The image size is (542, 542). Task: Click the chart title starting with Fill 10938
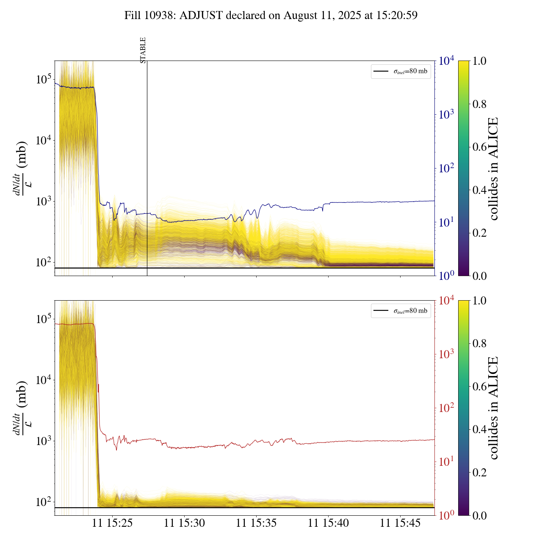(271, 16)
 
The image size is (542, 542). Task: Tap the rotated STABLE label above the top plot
(143, 50)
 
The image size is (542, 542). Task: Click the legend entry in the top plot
(401, 71)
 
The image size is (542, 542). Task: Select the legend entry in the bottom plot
(401, 311)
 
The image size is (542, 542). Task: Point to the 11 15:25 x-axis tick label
(112, 523)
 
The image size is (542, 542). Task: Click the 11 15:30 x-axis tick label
(184, 523)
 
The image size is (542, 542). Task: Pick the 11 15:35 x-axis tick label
(256, 523)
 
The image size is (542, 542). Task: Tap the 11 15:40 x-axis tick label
(328, 523)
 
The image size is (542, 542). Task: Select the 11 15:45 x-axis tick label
(400, 523)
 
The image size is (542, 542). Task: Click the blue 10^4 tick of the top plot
(446, 61)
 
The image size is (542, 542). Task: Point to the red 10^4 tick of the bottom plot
(446, 301)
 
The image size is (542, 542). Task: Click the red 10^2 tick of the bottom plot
(446, 408)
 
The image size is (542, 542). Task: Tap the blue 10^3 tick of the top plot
(446, 115)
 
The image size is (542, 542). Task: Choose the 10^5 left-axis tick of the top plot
(44, 79)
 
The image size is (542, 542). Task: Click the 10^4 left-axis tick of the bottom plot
(44, 380)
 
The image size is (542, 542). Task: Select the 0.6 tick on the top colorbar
(479, 147)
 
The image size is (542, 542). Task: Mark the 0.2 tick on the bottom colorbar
(479, 472)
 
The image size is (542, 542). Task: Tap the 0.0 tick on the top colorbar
(479, 276)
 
